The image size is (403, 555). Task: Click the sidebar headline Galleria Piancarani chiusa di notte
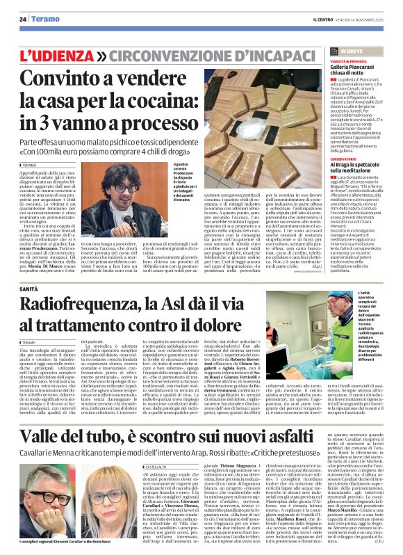click(x=354, y=70)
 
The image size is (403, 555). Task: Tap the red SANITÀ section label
click(x=28, y=288)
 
